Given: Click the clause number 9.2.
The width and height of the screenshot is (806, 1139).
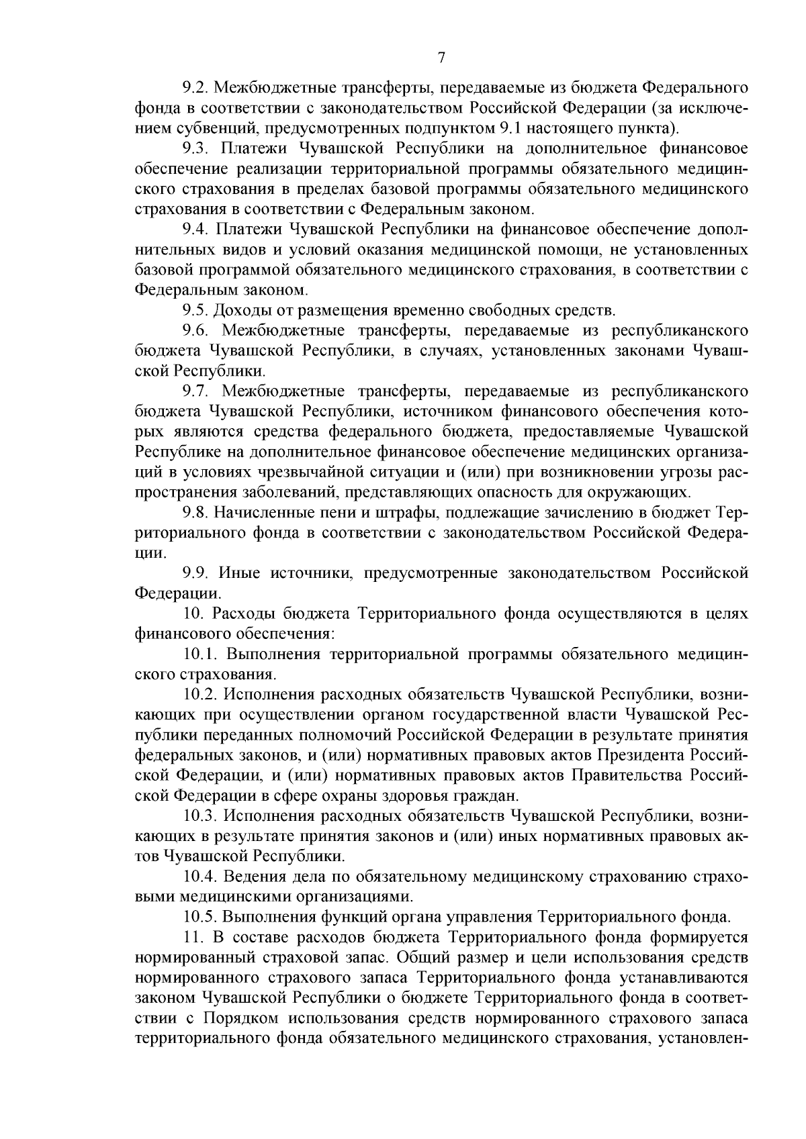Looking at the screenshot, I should point(195,88).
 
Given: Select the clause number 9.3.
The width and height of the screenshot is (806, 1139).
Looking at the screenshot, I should point(195,148).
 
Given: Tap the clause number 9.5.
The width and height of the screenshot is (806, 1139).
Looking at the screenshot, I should point(195,310).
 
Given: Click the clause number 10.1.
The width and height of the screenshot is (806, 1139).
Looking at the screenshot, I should point(200,654).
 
